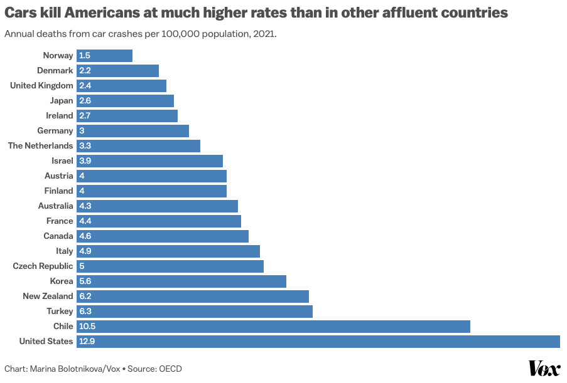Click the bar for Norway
(x=104, y=56)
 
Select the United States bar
(x=318, y=342)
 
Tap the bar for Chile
(x=273, y=327)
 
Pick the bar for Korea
(x=181, y=281)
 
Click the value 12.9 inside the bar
(x=87, y=342)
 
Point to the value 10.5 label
(x=87, y=327)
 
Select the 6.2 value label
(x=85, y=296)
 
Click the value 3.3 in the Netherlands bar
(x=85, y=146)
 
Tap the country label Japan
(x=62, y=101)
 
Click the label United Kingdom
(x=42, y=86)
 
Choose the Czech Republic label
(x=43, y=266)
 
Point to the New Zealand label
(x=48, y=296)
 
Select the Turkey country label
(x=59, y=312)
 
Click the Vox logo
(x=544, y=369)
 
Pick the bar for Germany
(x=132, y=131)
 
